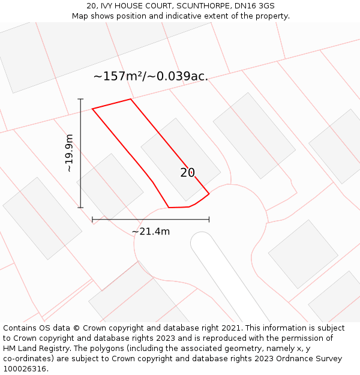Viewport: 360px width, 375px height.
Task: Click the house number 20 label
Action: pos(188,173)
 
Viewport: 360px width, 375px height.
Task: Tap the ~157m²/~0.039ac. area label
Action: pos(151,76)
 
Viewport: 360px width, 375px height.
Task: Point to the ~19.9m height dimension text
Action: pos(70,153)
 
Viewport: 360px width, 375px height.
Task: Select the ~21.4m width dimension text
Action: pos(151,231)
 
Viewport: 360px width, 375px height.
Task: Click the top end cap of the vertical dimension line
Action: pos(80,99)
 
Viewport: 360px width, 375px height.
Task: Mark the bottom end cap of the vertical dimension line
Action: pos(80,208)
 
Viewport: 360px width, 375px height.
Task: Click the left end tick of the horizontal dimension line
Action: pos(92,220)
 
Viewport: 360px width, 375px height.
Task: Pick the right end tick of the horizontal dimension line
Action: pos(209,220)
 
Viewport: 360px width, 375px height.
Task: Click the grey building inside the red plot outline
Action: pos(180,159)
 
